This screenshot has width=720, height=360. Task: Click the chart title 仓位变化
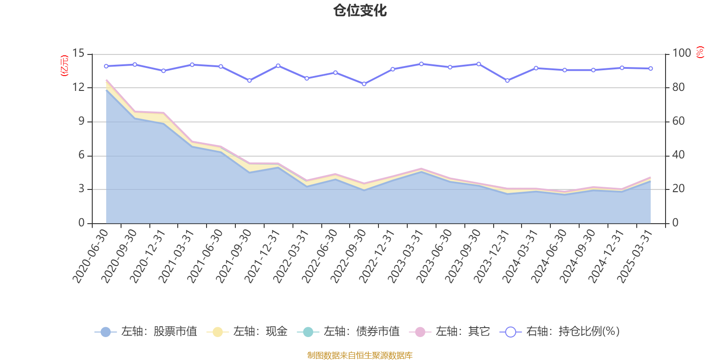pyautogui.click(x=360, y=10)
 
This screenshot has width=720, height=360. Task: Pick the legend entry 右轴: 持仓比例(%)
pyautogui.click(x=560, y=332)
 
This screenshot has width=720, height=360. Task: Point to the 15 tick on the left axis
pyautogui.click(x=78, y=54)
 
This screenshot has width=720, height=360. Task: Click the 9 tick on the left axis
pyautogui.click(x=81, y=121)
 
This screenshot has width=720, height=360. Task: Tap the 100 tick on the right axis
pyautogui.click(x=681, y=54)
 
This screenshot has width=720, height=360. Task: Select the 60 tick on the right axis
pyautogui.click(x=678, y=121)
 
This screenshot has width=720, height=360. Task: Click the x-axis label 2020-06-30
pyautogui.click(x=91, y=255)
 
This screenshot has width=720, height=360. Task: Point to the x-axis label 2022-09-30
pyautogui.click(x=349, y=255)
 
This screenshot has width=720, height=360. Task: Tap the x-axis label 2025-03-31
pyautogui.click(x=636, y=255)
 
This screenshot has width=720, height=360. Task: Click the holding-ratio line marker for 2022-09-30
pyautogui.click(x=364, y=84)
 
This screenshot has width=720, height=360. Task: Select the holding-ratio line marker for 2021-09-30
pyautogui.click(x=249, y=81)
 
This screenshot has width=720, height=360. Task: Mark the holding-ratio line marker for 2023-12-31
pyautogui.click(x=507, y=81)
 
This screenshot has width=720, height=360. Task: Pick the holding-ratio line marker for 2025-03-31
pyautogui.click(x=651, y=68)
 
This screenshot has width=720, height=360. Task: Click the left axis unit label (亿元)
pyautogui.click(x=64, y=66)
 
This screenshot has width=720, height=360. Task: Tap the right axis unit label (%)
pyautogui.click(x=700, y=52)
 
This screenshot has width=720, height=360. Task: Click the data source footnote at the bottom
pyautogui.click(x=360, y=355)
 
